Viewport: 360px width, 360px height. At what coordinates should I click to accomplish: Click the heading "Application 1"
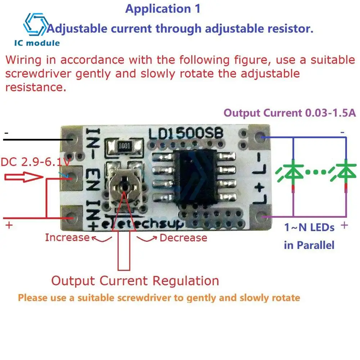[162, 9]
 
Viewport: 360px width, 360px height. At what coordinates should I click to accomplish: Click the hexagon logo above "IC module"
[35, 25]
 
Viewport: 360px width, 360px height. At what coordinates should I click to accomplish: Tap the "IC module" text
[37, 43]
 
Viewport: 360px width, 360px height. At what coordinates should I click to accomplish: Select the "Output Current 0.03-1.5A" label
[290, 113]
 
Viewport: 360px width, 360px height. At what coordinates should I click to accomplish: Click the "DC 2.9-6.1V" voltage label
[35, 163]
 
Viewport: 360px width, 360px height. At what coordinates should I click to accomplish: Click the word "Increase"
[67, 237]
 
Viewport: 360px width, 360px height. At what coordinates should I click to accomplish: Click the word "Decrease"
[183, 238]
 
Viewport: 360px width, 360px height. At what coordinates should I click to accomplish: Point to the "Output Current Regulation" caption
[135, 280]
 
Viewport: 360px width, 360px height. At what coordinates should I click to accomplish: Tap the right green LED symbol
[345, 172]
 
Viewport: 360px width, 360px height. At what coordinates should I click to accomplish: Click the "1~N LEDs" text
[309, 228]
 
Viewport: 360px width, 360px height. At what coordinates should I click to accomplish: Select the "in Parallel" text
[309, 245]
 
